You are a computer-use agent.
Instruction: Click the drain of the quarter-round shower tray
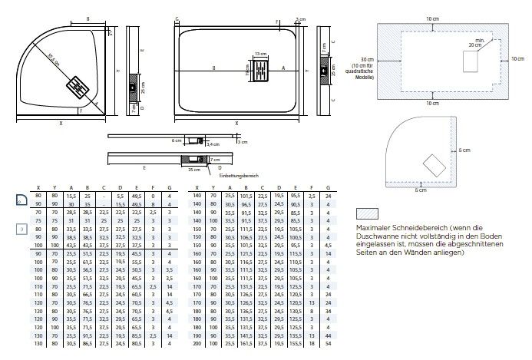coord(80,85)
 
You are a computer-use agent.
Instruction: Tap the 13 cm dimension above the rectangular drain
coord(260,54)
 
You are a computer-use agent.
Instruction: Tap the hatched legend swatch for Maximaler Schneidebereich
coord(368,215)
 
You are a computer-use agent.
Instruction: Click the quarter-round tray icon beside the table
coord(22,200)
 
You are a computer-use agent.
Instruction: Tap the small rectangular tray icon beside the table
coord(21,229)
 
